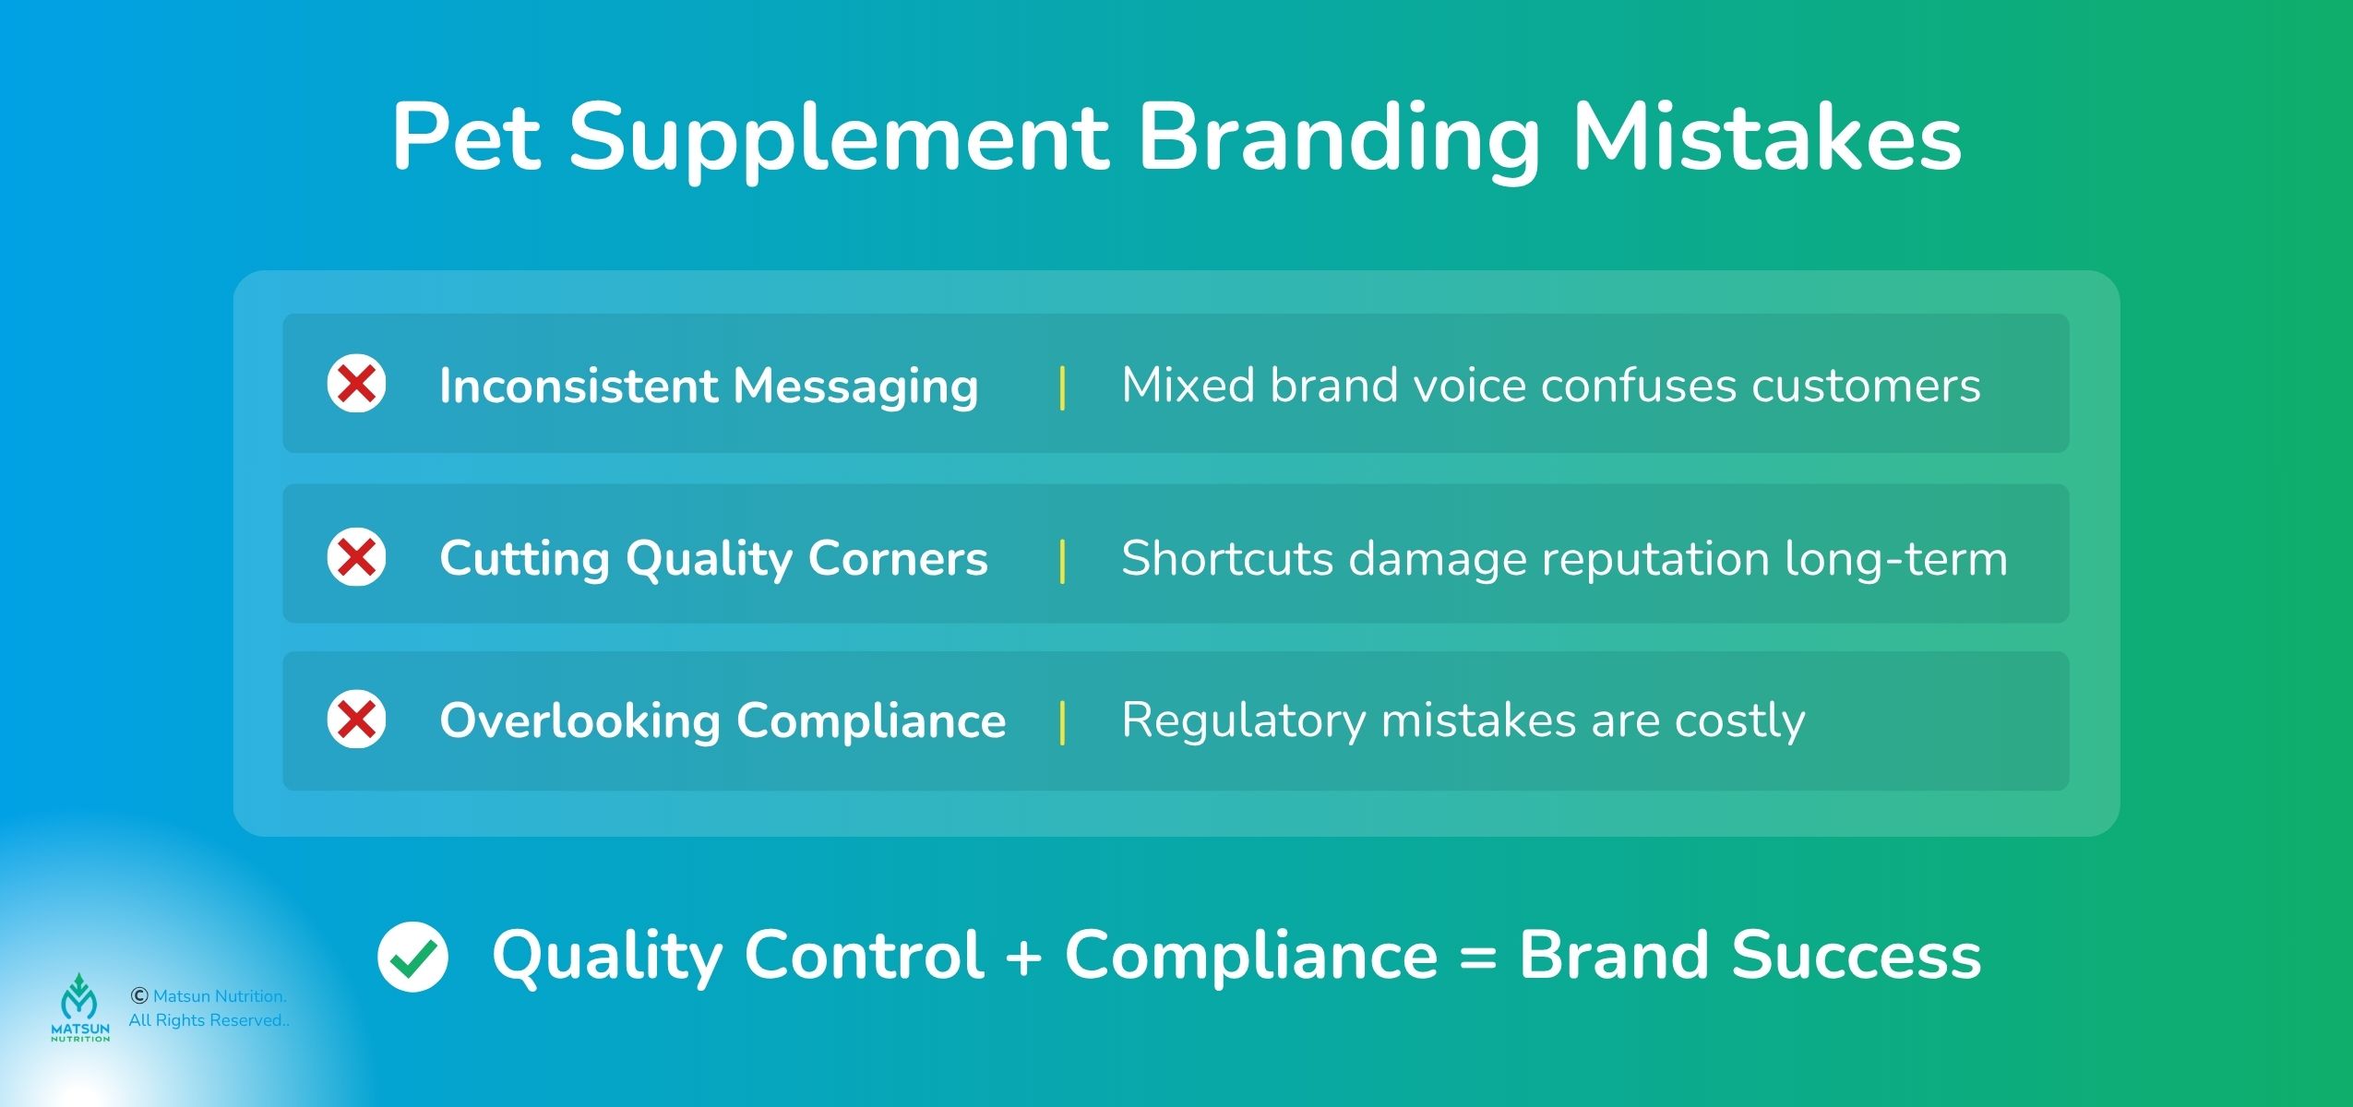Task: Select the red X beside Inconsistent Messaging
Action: (x=357, y=383)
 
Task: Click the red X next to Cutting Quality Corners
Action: (x=357, y=556)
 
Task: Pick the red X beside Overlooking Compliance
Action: (x=357, y=719)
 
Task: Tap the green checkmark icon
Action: (x=412, y=957)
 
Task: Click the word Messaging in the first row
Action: (x=855, y=387)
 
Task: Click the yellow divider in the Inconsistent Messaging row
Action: (x=1063, y=387)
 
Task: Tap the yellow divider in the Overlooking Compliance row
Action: (x=1063, y=722)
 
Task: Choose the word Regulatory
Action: (x=1243, y=721)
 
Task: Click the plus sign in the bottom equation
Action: (x=1023, y=956)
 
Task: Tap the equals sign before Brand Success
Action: (x=1478, y=957)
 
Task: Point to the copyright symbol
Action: (x=139, y=995)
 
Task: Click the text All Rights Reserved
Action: (x=209, y=1020)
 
